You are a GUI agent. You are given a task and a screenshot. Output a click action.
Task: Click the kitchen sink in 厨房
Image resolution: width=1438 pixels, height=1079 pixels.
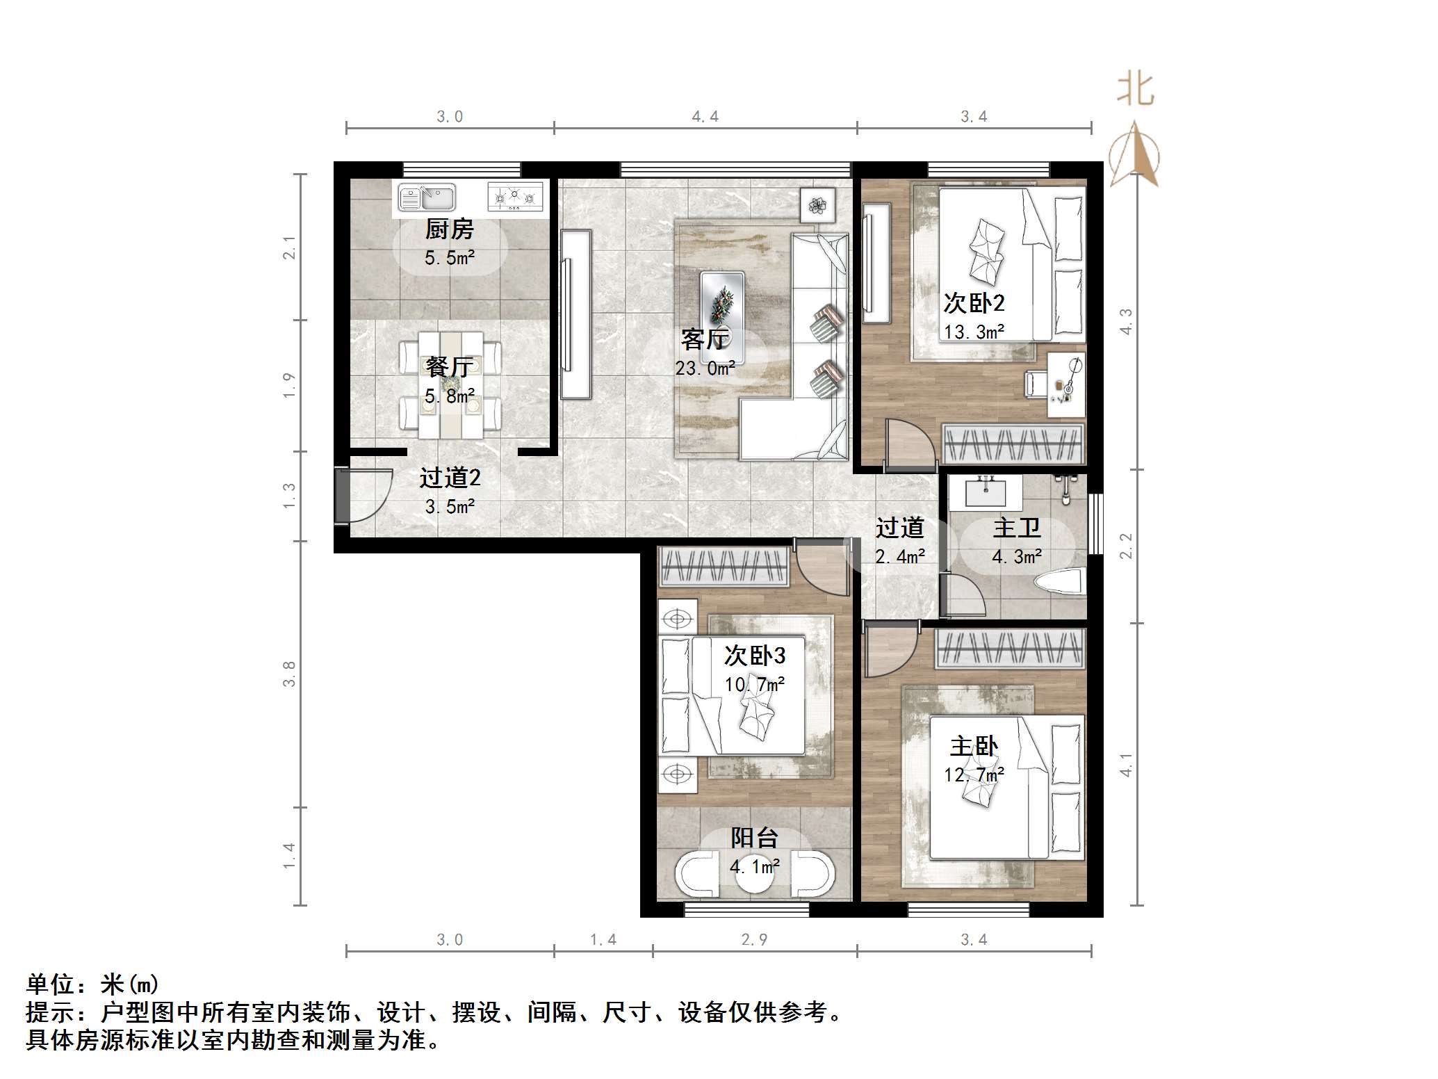point(426,197)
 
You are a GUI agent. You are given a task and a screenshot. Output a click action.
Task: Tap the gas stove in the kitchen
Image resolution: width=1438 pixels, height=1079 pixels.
point(514,197)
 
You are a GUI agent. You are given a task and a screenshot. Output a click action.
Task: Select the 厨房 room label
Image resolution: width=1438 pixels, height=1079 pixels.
point(449,229)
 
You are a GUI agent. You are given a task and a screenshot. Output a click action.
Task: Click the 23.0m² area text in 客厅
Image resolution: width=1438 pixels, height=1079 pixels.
point(705,368)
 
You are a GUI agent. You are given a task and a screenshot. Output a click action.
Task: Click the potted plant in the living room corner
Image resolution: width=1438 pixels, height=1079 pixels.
point(818,205)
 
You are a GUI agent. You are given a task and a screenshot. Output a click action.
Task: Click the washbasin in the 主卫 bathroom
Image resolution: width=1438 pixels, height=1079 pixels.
point(986,492)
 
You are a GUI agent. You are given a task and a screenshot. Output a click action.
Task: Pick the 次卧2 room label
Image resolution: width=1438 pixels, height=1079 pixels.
point(973,303)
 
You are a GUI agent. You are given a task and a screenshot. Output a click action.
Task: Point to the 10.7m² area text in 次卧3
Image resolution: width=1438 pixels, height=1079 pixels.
point(754,685)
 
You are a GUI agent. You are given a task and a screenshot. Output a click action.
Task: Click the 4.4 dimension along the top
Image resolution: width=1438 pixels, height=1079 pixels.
point(705,117)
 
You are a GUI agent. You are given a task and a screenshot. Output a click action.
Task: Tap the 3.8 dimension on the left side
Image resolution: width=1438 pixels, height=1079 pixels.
point(289,674)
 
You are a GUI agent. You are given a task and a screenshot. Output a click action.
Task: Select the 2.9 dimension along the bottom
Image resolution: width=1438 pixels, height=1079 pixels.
point(754,940)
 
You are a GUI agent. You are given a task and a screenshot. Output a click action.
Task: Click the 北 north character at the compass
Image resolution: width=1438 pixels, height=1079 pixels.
point(1135,90)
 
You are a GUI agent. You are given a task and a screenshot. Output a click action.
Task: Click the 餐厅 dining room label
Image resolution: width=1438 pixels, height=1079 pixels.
point(449,366)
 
